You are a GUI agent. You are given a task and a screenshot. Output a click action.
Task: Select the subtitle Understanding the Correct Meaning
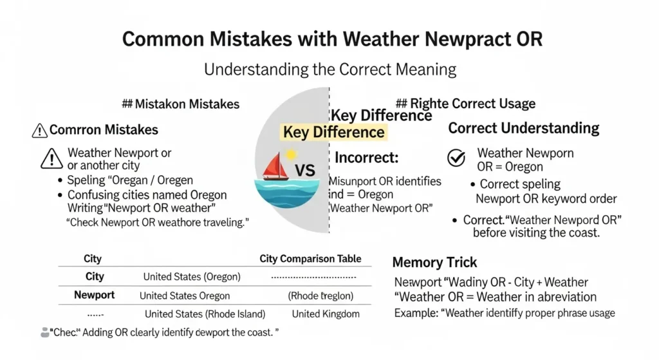coord(329,69)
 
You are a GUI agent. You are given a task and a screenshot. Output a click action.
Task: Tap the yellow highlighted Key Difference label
coord(333,133)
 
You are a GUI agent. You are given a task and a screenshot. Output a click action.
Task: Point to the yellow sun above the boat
coord(291,155)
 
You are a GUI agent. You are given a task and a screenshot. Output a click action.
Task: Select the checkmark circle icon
coord(456,157)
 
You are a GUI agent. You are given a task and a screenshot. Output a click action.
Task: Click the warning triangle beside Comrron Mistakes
coord(39,131)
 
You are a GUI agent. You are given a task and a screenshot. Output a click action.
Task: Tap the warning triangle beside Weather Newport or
coord(51,158)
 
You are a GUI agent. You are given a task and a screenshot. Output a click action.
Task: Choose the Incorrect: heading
coord(367,157)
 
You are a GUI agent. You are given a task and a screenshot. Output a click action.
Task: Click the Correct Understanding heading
coord(523,128)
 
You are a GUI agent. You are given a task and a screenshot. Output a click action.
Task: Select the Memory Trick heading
coord(434,262)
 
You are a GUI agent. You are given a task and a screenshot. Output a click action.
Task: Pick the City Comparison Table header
coord(315,259)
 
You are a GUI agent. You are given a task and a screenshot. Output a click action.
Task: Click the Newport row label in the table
coord(94,295)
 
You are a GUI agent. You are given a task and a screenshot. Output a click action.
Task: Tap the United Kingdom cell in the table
coord(326,314)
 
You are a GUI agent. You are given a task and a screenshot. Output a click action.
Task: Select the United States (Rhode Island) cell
coord(205,314)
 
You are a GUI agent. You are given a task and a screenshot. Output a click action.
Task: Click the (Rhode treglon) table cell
coord(320,296)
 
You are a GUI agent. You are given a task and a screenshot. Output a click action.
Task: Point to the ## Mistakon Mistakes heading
coord(180,104)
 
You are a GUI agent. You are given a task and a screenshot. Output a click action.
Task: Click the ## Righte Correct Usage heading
coord(465,104)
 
